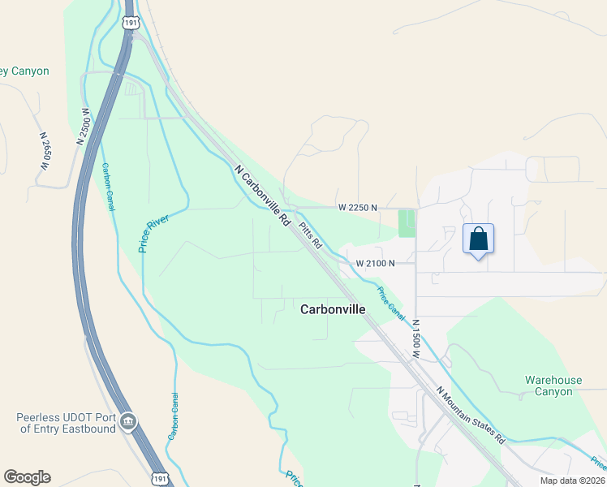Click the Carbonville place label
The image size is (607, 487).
pos(333,309)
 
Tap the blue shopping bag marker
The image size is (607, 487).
pos(478,239)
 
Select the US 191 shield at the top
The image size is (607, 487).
pos(130,21)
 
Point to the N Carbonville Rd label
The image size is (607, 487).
pos(262,196)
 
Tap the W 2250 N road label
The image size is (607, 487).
pos(358,208)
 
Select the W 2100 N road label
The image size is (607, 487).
pos(375,263)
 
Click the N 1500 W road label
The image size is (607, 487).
pos(415,339)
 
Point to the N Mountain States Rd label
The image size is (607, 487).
pos(471,414)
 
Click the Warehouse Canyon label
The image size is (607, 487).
pos(553,386)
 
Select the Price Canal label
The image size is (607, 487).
pos(390,301)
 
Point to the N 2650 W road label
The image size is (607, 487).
pos(44,151)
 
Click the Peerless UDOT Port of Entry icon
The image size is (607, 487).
pos(127,422)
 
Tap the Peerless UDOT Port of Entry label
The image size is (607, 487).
pos(67,423)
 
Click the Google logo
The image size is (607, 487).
pos(27,477)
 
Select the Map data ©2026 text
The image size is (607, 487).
pos(572,481)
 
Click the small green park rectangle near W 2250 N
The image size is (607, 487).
pos(406,223)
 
